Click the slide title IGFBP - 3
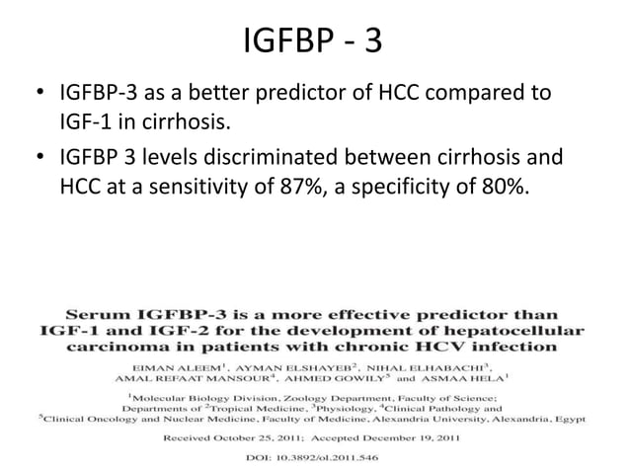click(x=314, y=42)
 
